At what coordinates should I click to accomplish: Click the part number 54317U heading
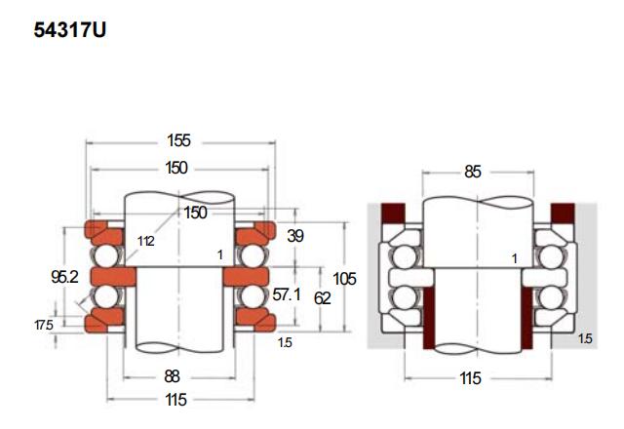69,30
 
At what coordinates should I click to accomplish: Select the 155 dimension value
178,140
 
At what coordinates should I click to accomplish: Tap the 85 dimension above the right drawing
473,172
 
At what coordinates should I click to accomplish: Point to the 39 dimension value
295,236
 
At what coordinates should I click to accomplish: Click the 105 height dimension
344,279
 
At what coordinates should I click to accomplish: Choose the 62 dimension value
322,298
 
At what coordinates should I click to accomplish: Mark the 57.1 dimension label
287,294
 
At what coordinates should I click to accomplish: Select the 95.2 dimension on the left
64,277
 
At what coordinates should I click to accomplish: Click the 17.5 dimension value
44,325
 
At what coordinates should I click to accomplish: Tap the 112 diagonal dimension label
145,241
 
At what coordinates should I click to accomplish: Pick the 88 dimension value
172,376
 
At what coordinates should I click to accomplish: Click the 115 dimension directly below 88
175,400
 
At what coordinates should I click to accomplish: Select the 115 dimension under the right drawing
470,378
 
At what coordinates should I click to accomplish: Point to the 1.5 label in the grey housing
585,338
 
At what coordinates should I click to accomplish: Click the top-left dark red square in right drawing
393,213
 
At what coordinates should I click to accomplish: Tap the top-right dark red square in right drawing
563,213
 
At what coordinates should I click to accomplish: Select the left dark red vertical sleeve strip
429,318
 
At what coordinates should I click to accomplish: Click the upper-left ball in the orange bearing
106,255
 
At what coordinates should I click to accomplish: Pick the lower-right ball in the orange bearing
253,296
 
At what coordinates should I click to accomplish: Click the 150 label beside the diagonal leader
195,213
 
